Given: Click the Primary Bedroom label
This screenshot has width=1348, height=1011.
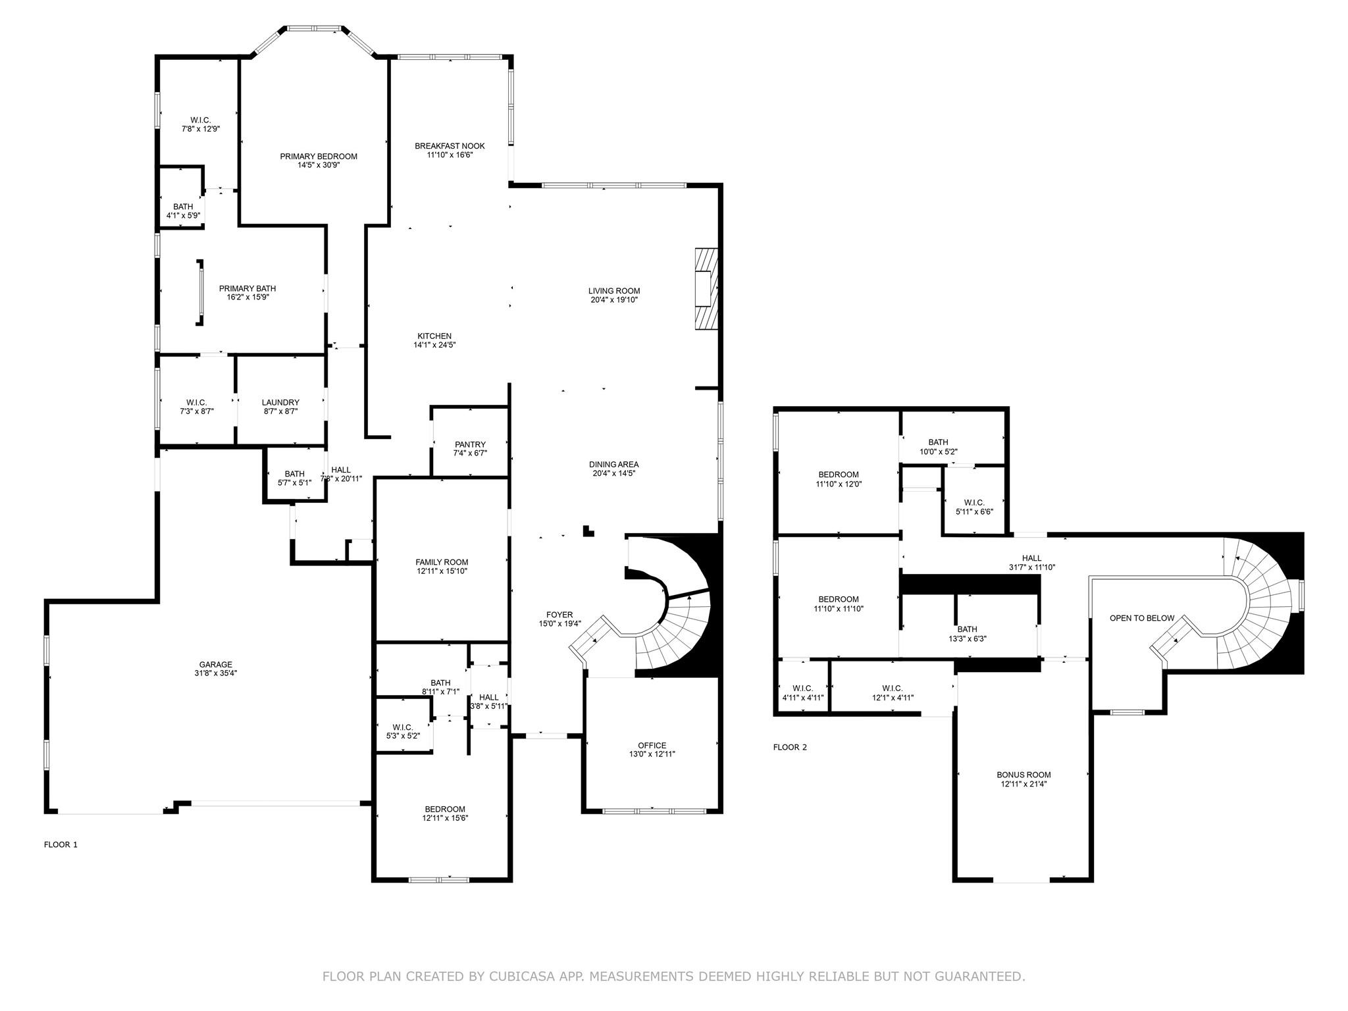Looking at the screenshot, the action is point(319,156).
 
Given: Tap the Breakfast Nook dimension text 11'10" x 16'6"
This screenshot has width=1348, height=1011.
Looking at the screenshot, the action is point(450,155).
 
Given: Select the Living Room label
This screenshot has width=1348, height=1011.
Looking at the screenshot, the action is point(614,291).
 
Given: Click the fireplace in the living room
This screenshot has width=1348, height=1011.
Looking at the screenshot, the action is point(707,288).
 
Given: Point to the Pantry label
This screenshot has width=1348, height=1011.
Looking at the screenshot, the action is point(470,444).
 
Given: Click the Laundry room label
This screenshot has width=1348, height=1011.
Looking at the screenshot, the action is point(280,402).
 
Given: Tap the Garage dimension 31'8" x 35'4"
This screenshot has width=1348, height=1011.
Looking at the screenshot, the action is point(216,673).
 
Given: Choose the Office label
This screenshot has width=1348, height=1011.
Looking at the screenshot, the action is point(652,746).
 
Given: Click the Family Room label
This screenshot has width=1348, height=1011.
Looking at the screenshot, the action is point(442,562).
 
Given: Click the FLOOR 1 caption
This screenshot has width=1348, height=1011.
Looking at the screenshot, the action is point(61,844).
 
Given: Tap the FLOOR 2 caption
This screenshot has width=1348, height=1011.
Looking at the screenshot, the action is point(790,747).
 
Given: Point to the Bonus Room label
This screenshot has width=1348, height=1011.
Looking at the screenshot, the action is point(1024,775).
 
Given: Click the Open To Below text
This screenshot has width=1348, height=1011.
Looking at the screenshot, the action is point(1142,618).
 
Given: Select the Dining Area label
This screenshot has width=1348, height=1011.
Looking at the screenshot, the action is point(614,464).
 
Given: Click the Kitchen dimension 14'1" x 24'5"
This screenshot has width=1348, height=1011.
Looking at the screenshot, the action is point(434,344).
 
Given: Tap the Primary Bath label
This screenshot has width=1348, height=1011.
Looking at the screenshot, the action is point(247,288).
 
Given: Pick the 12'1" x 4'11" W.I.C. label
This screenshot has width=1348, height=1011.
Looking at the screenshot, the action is point(893,697).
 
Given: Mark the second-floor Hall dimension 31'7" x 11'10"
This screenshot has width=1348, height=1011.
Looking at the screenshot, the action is point(1031,567).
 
